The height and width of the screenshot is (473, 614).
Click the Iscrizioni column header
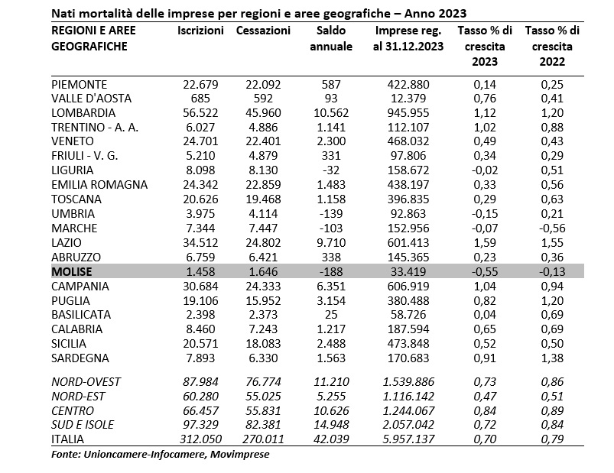200,31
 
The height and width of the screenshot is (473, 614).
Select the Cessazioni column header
263,31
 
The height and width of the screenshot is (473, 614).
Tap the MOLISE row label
72,271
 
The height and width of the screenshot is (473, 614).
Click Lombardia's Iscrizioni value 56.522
200,112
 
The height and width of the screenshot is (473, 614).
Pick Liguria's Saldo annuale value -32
331,170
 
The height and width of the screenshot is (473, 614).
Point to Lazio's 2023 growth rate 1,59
485,242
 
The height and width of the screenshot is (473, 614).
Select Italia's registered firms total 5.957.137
408,439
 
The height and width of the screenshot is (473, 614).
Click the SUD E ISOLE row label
83,425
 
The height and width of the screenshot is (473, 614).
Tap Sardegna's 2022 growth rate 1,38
552,358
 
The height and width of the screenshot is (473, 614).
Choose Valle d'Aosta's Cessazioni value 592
263,99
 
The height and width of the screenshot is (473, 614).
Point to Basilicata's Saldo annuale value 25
331,315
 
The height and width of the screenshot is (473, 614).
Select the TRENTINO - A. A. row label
95,127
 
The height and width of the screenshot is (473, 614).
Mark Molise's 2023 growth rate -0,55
485,271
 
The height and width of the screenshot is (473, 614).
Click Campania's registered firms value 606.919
408,286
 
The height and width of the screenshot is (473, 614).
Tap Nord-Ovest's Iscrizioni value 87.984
200,382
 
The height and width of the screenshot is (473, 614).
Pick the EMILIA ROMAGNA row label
99,185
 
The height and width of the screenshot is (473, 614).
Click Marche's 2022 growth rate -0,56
552,228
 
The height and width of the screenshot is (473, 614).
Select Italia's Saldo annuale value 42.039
331,439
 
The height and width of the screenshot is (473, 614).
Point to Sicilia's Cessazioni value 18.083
263,344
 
